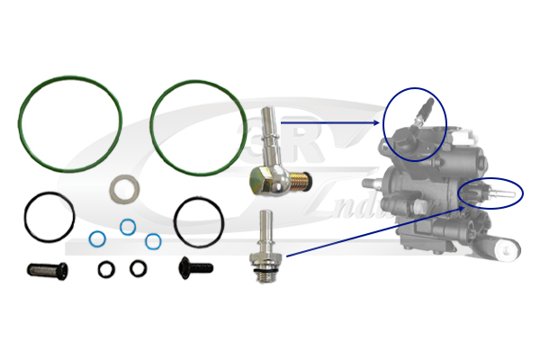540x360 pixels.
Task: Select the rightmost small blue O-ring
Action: coord(153,241)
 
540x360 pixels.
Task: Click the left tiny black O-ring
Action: coord(107,268)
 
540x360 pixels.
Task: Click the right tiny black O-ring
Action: coord(138,268)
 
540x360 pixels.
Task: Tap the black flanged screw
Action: coord(195,266)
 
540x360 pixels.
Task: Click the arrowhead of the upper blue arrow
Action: coord(378,122)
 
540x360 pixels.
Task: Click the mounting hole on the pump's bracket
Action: coord(509,253)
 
